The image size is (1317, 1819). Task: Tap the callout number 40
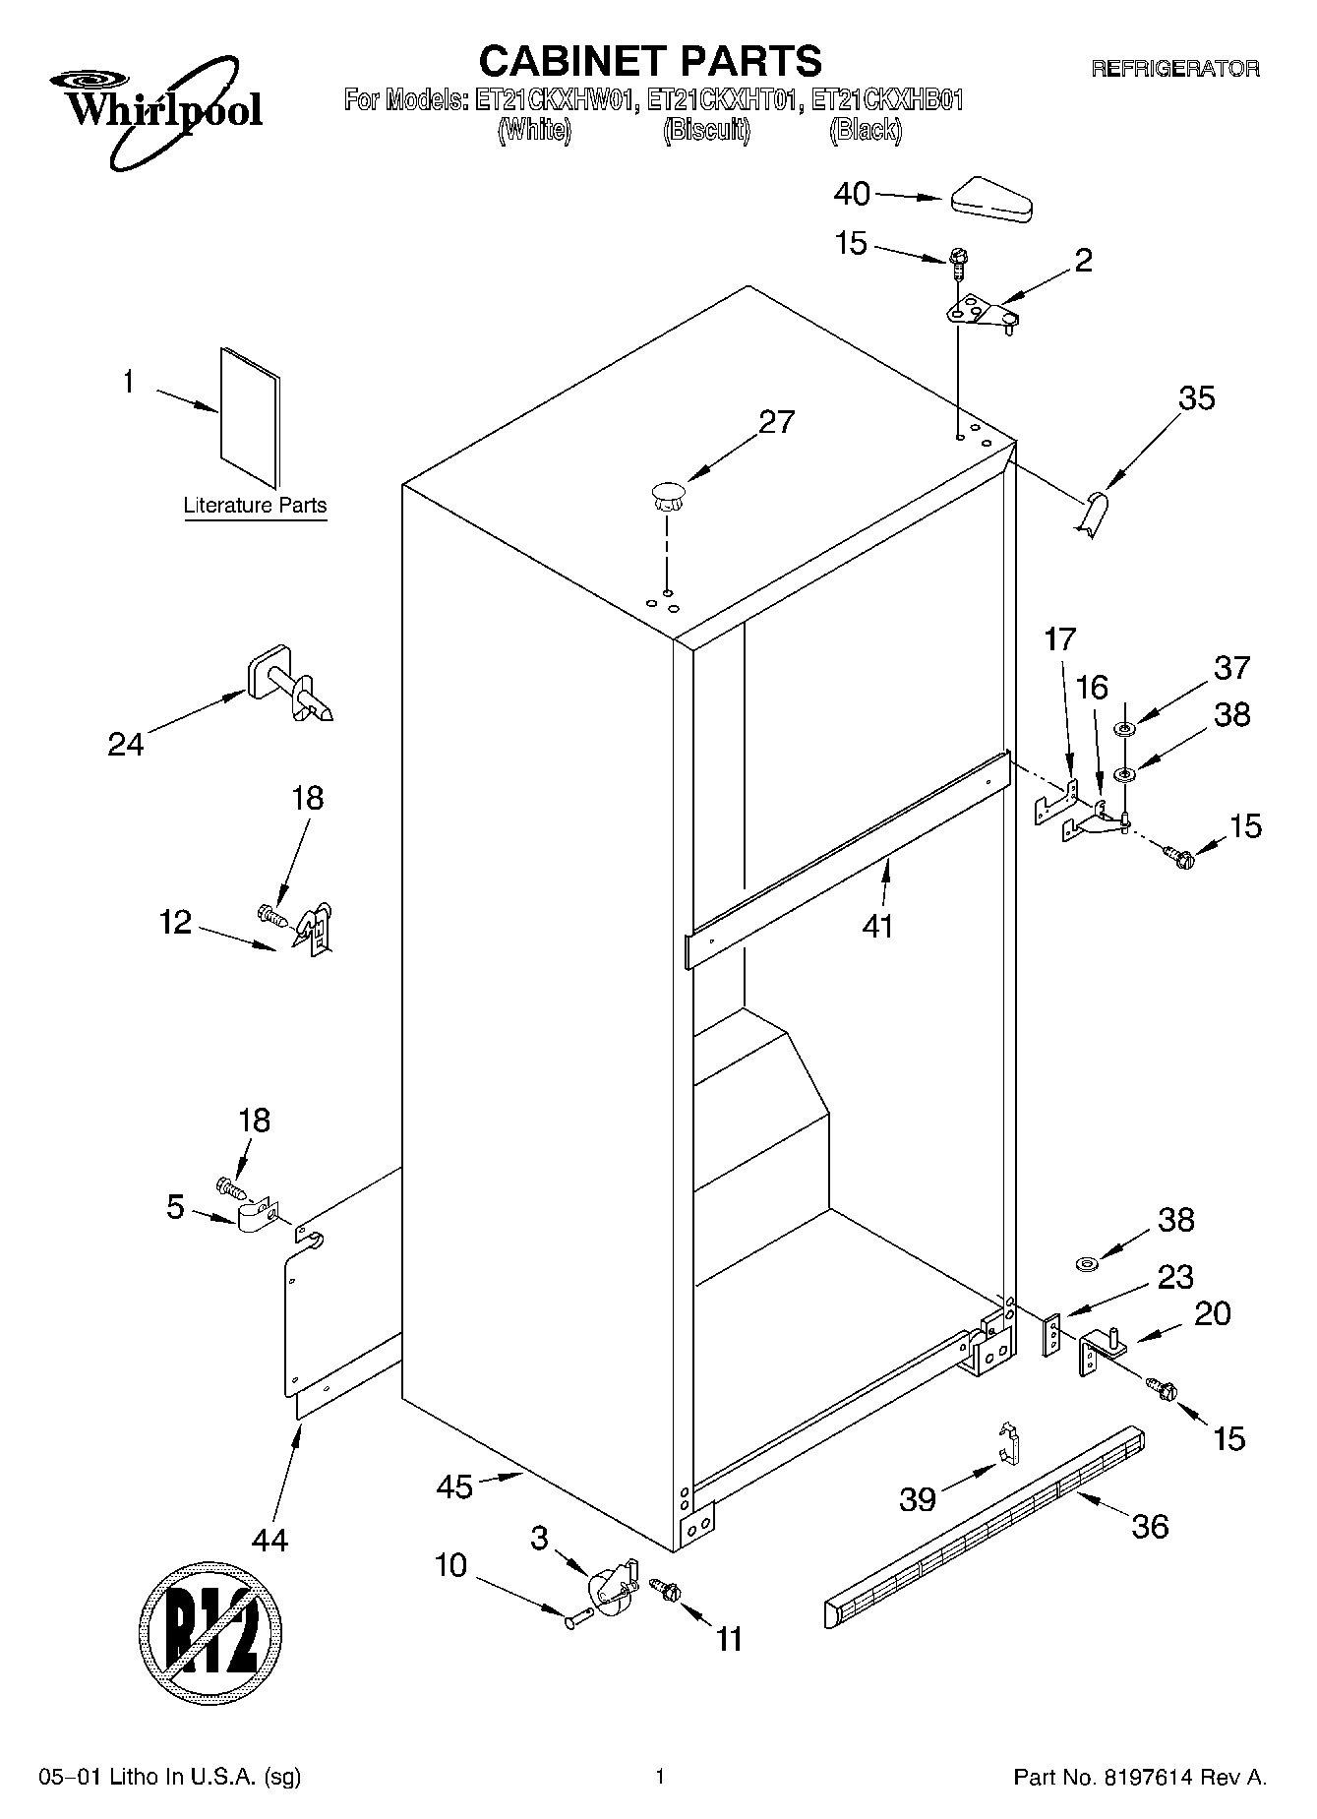[852, 194]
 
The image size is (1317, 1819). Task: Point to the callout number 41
[877, 926]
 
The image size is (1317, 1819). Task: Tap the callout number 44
[269, 1539]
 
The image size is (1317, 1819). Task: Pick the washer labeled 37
[1124, 729]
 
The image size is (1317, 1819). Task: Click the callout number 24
[126, 744]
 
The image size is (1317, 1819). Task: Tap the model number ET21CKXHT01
[722, 100]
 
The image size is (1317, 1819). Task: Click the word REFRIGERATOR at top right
[1174, 69]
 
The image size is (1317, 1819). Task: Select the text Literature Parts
[255, 506]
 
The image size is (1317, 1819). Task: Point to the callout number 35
[1196, 398]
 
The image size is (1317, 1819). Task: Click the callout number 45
[454, 1486]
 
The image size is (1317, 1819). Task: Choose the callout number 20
[1213, 1313]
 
